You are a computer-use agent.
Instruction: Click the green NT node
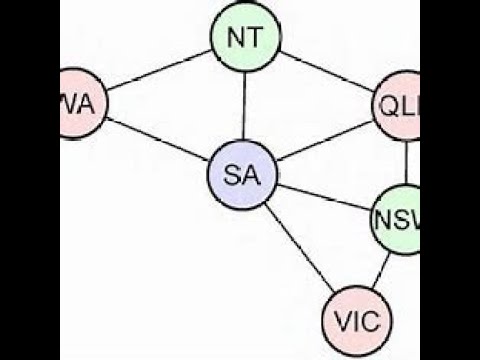tap(245, 39)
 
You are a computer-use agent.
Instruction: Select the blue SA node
tap(242, 175)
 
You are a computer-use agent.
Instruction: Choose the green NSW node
tap(398, 219)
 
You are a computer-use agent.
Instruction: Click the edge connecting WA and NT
tap(160, 73)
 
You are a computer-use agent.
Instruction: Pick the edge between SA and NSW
tap(322, 198)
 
